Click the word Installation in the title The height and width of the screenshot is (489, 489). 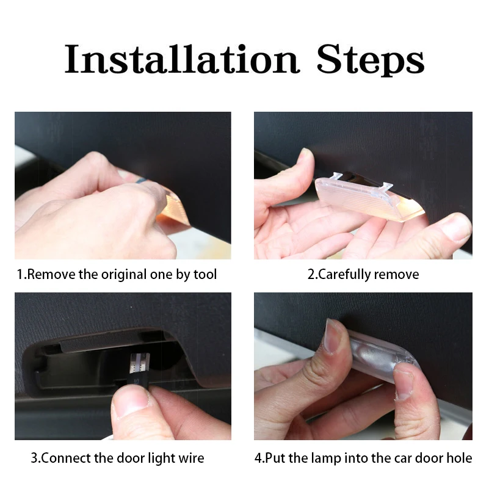pyautogui.click(x=182, y=59)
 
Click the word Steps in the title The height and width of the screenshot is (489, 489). pyautogui.click(x=371, y=60)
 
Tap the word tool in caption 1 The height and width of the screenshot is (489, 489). pyautogui.click(x=205, y=275)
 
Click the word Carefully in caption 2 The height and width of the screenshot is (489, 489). pyautogui.click(x=344, y=275)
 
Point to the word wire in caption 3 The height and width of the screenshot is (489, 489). pyautogui.click(x=191, y=458)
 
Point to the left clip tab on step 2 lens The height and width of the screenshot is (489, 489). pyautogui.click(x=338, y=176)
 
